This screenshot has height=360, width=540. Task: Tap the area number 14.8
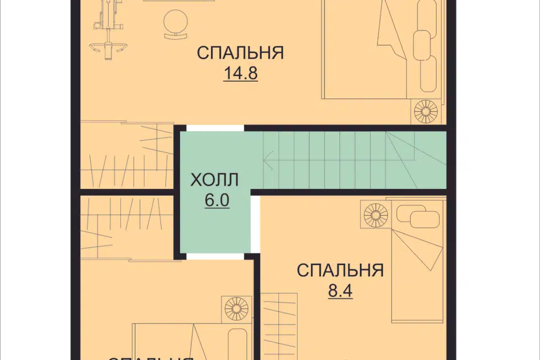tap(240, 74)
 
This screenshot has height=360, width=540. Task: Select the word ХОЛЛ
tap(214, 180)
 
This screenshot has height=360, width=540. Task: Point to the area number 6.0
tap(217, 201)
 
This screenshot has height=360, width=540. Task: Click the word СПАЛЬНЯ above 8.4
tap(340, 271)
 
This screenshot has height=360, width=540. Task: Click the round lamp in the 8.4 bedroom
tap(376, 216)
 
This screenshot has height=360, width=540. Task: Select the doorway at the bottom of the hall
tap(215, 256)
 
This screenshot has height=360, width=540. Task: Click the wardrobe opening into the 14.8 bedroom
tap(127, 155)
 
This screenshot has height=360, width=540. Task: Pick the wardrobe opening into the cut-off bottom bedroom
tap(127, 228)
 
